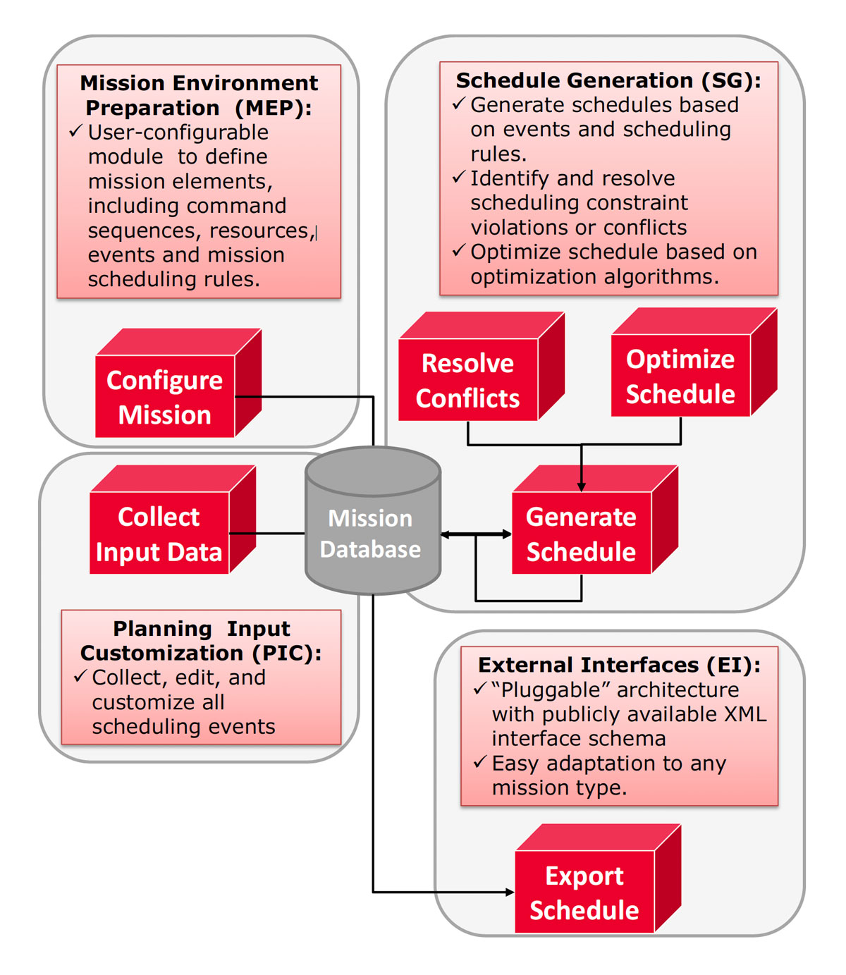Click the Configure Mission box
tap(178, 383)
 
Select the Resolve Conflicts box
tap(481, 366)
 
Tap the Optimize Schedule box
tap(694, 362)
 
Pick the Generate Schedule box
tap(595, 520)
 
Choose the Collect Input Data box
tap(173, 520)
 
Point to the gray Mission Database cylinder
tap(372, 520)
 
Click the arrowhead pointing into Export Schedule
tap(510, 892)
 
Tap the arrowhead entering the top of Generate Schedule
tap(581, 486)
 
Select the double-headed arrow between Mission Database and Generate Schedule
tap(476, 534)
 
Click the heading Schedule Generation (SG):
tap(608, 80)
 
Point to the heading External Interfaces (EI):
tap(619, 665)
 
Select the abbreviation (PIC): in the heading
tap(287, 653)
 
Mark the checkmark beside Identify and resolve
tap(459, 177)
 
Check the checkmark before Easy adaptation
tap(480, 762)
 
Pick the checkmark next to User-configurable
tap(76, 130)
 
